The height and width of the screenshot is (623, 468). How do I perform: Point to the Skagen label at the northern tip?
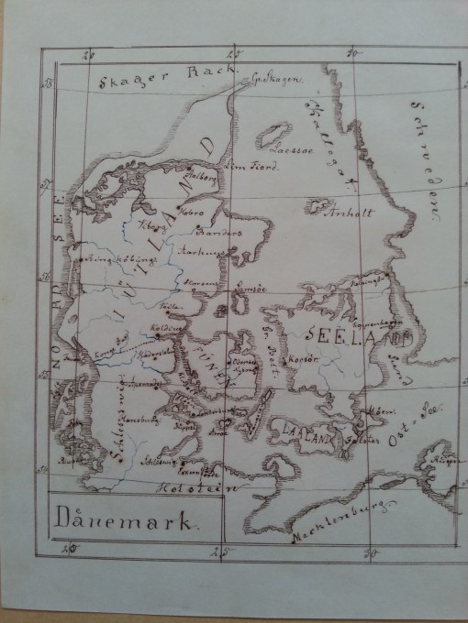click(x=272, y=82)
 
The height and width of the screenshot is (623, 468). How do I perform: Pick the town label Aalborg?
click(x=204, y=169)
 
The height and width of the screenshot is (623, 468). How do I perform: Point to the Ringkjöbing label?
click(x=110, y=258)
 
